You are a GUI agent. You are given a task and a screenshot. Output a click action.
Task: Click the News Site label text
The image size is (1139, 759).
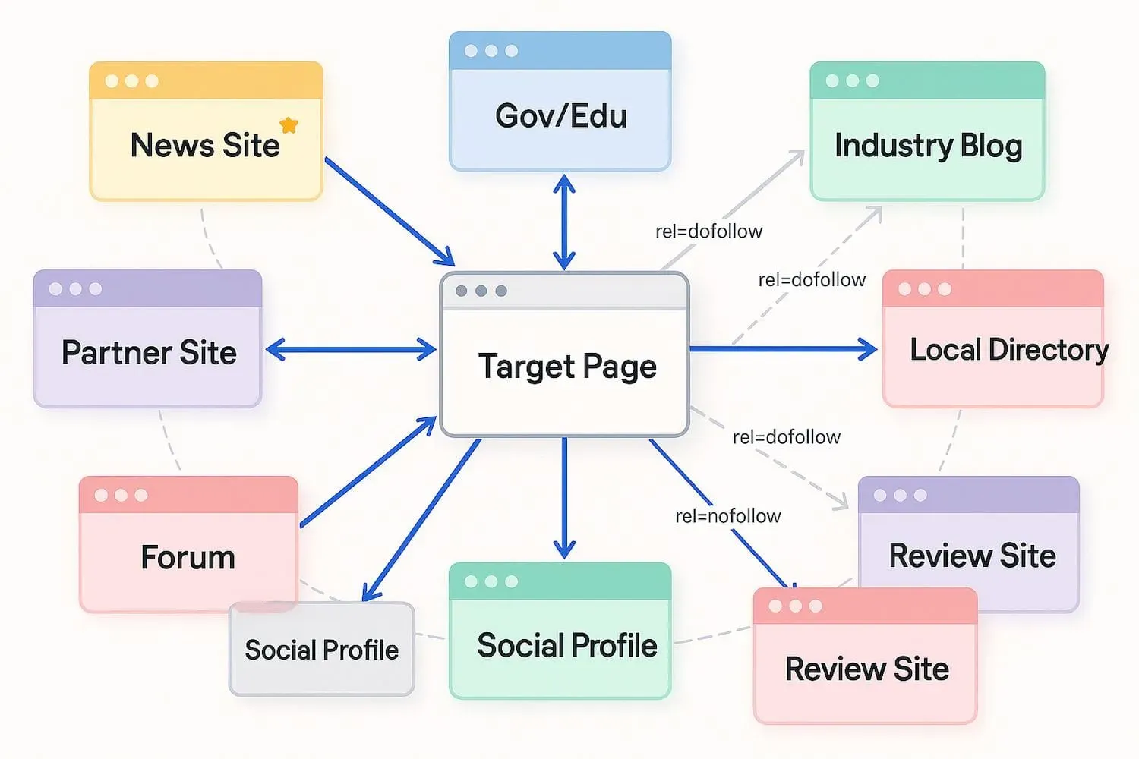pos(205,146)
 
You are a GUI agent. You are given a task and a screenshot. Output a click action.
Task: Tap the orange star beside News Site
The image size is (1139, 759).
pos(289,125)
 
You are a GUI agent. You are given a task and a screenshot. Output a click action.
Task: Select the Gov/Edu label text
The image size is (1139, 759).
pos(560,116)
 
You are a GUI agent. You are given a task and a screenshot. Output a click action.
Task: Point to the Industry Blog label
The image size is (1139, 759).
pos(928,146)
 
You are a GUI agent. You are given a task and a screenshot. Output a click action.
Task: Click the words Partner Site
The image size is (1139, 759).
pos(149,353)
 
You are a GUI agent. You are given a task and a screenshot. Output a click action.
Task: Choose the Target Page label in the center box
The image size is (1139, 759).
pos(566,367)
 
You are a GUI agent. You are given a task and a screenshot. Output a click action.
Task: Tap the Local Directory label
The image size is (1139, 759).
pos(1008,350)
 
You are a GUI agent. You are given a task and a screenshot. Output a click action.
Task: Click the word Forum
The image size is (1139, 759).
pos(188,558)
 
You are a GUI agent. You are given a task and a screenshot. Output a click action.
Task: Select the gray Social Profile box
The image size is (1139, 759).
pos(321,650)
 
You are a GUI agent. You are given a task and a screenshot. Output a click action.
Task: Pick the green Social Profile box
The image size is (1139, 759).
pos(560,645)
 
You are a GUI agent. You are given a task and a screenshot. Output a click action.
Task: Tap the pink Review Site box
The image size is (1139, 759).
pos(866,668)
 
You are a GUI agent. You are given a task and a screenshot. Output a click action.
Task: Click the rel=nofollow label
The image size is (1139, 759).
pos(727,516)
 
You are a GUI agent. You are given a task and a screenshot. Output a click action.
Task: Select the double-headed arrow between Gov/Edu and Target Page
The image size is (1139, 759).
pos(563,222)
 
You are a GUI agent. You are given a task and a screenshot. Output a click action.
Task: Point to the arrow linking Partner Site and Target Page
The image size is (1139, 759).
pos(351,350)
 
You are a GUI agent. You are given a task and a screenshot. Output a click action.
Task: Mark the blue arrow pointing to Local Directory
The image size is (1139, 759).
pos(782,349)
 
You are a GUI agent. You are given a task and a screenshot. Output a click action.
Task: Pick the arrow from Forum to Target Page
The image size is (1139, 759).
pos(368,472)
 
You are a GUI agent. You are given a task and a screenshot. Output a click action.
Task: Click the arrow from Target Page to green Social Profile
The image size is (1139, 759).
pos(563,497)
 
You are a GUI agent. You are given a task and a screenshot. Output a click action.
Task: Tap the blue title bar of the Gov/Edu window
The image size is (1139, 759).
pos(560,51)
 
